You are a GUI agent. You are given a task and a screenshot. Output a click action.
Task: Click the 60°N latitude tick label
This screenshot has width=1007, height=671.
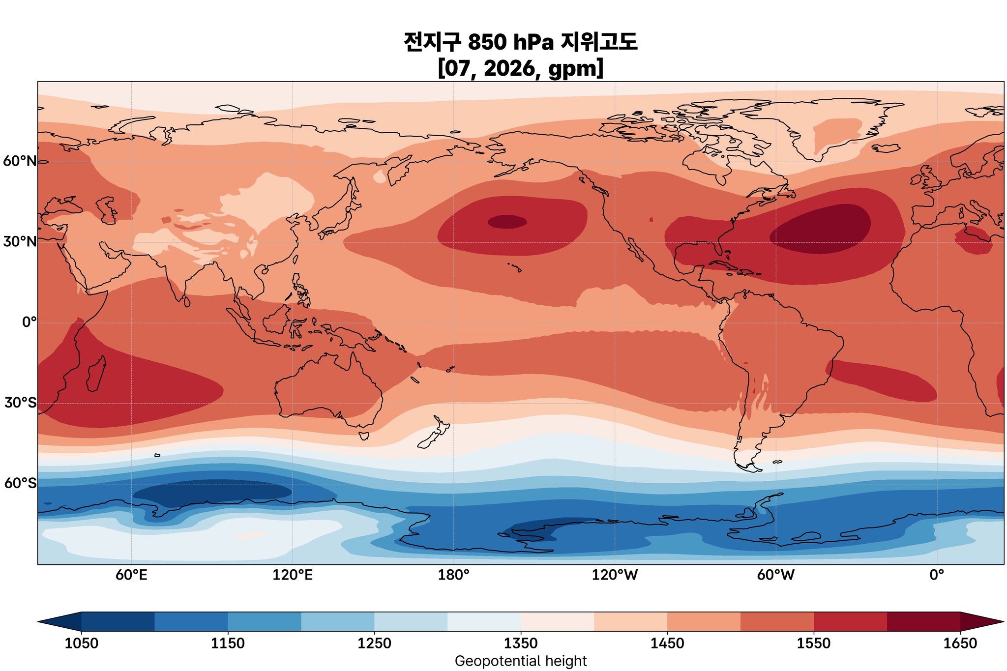(x=20, y=161)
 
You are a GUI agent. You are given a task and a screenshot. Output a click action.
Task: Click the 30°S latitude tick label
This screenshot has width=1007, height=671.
(x=20, y=403)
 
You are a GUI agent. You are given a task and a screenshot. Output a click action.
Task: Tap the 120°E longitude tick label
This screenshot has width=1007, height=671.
(x=293, y=575)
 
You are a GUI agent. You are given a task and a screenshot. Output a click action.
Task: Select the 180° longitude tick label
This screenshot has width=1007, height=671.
(x=453, y=575)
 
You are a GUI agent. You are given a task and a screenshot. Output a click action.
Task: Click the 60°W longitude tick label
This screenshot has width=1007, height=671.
(x=775, y=575)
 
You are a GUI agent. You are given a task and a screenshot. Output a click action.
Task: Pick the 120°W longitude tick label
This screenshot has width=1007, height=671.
(x=615, y=575)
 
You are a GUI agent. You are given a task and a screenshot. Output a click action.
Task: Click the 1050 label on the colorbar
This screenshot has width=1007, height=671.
(x=81, y=643)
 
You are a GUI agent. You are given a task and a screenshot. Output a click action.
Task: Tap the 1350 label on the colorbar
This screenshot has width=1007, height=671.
(x=521, y=643)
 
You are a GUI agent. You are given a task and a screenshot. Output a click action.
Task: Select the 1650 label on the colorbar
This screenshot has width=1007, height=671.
(x=960, y=643)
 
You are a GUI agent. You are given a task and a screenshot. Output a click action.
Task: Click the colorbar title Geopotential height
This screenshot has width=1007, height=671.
(x=521, y=661)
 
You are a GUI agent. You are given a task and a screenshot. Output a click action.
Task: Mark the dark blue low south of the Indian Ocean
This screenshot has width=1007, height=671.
(x=211, y=492)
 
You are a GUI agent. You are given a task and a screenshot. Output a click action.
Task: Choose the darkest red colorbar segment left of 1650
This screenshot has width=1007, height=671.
(x=923, y=621)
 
